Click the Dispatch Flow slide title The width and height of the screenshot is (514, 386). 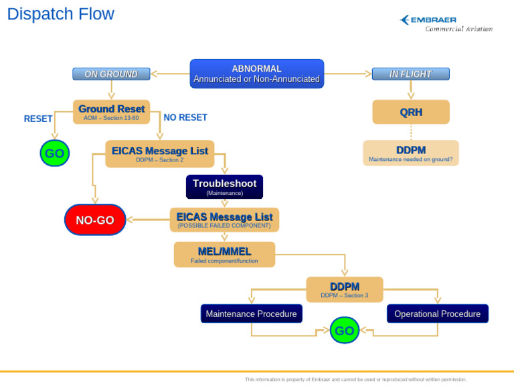point(61,14)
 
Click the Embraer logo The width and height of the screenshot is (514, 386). point(446,23)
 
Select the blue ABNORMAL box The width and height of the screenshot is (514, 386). point(256,74)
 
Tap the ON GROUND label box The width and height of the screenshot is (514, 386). point(111,74)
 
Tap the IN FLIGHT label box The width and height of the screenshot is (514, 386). point(410,74)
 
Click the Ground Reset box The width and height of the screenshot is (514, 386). point(111,112)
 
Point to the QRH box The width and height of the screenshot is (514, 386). point(410,113)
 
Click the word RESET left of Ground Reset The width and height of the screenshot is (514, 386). point(38,119)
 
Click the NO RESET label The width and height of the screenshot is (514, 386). point(185,117)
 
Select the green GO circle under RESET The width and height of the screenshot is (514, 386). point(54,153)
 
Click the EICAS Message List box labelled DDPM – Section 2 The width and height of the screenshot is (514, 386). point(159,153)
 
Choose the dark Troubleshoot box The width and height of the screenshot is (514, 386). point(224,187)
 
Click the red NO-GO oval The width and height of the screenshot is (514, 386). point(95,220)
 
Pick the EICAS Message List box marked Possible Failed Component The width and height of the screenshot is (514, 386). point(224,220)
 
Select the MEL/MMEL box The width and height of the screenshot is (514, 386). point(224,255)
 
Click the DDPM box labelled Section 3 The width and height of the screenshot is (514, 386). point(344,289)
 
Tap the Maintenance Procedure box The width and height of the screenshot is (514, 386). point(251,314)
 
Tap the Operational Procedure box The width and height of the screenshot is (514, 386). point(437,314)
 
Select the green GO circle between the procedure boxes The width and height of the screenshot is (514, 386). point(344,330)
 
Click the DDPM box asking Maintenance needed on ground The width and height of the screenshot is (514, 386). point(410,153)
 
